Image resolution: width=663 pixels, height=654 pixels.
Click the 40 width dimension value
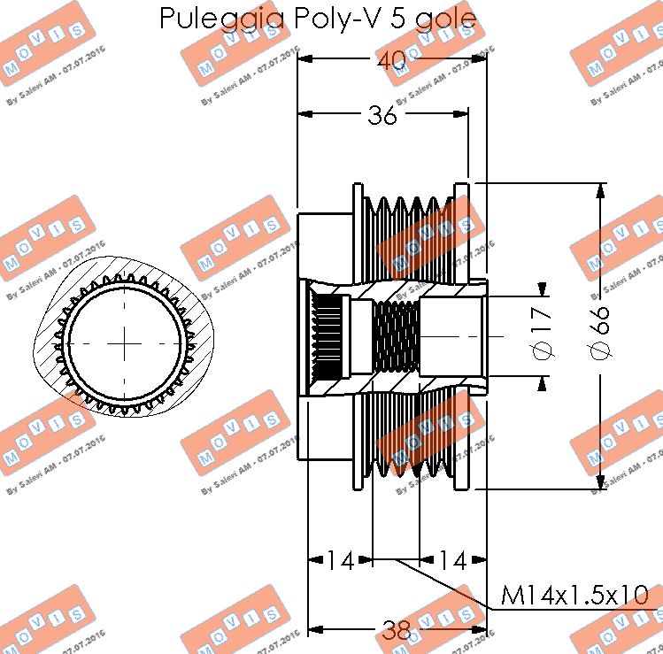[x=390, y=60]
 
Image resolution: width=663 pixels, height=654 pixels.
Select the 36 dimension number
[x=382, y=115]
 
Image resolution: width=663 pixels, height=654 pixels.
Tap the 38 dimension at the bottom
[x=397, y=630]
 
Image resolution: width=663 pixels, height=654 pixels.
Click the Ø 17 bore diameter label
[x=544, y=332]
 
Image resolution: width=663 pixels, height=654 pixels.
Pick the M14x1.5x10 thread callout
[x=575, y=596]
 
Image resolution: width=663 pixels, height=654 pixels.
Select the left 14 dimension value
[x=340, y=559]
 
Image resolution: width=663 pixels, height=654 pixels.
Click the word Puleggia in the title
[x=222, y=19]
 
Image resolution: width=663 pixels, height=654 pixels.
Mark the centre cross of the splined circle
[x=127, y=340]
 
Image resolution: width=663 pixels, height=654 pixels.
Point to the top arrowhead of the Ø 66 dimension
[x=602, y=190]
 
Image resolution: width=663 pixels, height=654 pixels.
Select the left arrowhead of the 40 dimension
[x=305, y=59]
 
